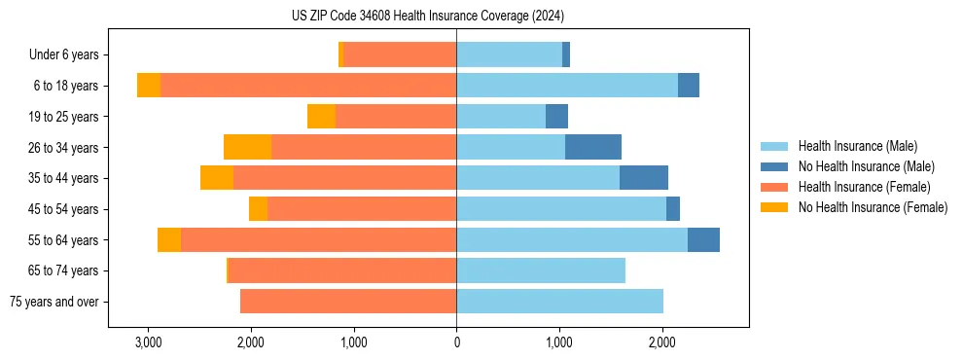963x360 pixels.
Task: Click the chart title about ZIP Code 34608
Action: click(427, 16)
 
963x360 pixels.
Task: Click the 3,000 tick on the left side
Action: click(148, 342)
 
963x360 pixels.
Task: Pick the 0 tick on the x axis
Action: click(456, 342)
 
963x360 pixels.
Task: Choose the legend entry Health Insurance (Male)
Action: click(857, 146)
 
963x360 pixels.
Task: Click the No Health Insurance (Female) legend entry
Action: click(873, 207)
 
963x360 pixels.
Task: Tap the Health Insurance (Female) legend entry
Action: click(864, 187)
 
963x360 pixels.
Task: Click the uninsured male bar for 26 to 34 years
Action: click(593, 147)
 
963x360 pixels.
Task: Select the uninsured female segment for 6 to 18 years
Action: click(149, 86)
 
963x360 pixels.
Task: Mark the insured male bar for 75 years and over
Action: click(559, 302)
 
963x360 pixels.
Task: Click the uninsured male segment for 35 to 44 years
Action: click(644, 178)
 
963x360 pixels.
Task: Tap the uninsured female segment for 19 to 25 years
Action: click(322, 117)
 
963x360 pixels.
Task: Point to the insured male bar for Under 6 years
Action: click(509, 55)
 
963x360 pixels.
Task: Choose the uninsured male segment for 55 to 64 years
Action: click(703, 240)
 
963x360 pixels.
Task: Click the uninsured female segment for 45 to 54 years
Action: click(258, 209)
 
